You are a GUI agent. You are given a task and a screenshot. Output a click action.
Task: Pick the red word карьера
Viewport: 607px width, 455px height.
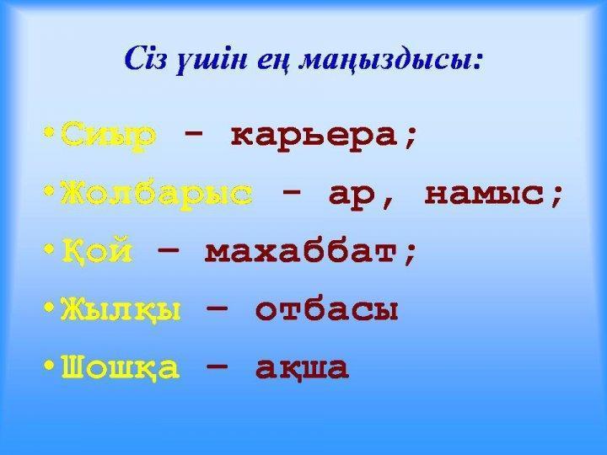point(323,135)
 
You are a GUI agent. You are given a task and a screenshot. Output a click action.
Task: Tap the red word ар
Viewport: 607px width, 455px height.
point(357,194)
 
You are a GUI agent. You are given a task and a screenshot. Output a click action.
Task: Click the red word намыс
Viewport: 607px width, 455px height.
point(492,193)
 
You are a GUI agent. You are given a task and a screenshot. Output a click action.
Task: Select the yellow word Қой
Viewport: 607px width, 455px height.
point(98,251)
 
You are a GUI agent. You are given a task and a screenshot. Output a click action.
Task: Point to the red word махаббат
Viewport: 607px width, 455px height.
point(310,251)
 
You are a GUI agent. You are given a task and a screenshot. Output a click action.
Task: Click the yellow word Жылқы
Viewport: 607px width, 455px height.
point(121,310)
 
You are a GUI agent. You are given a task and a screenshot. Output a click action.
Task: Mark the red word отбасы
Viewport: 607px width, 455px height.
point(326,310)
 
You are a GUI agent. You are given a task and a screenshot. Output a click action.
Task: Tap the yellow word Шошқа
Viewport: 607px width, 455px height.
point(121,367)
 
